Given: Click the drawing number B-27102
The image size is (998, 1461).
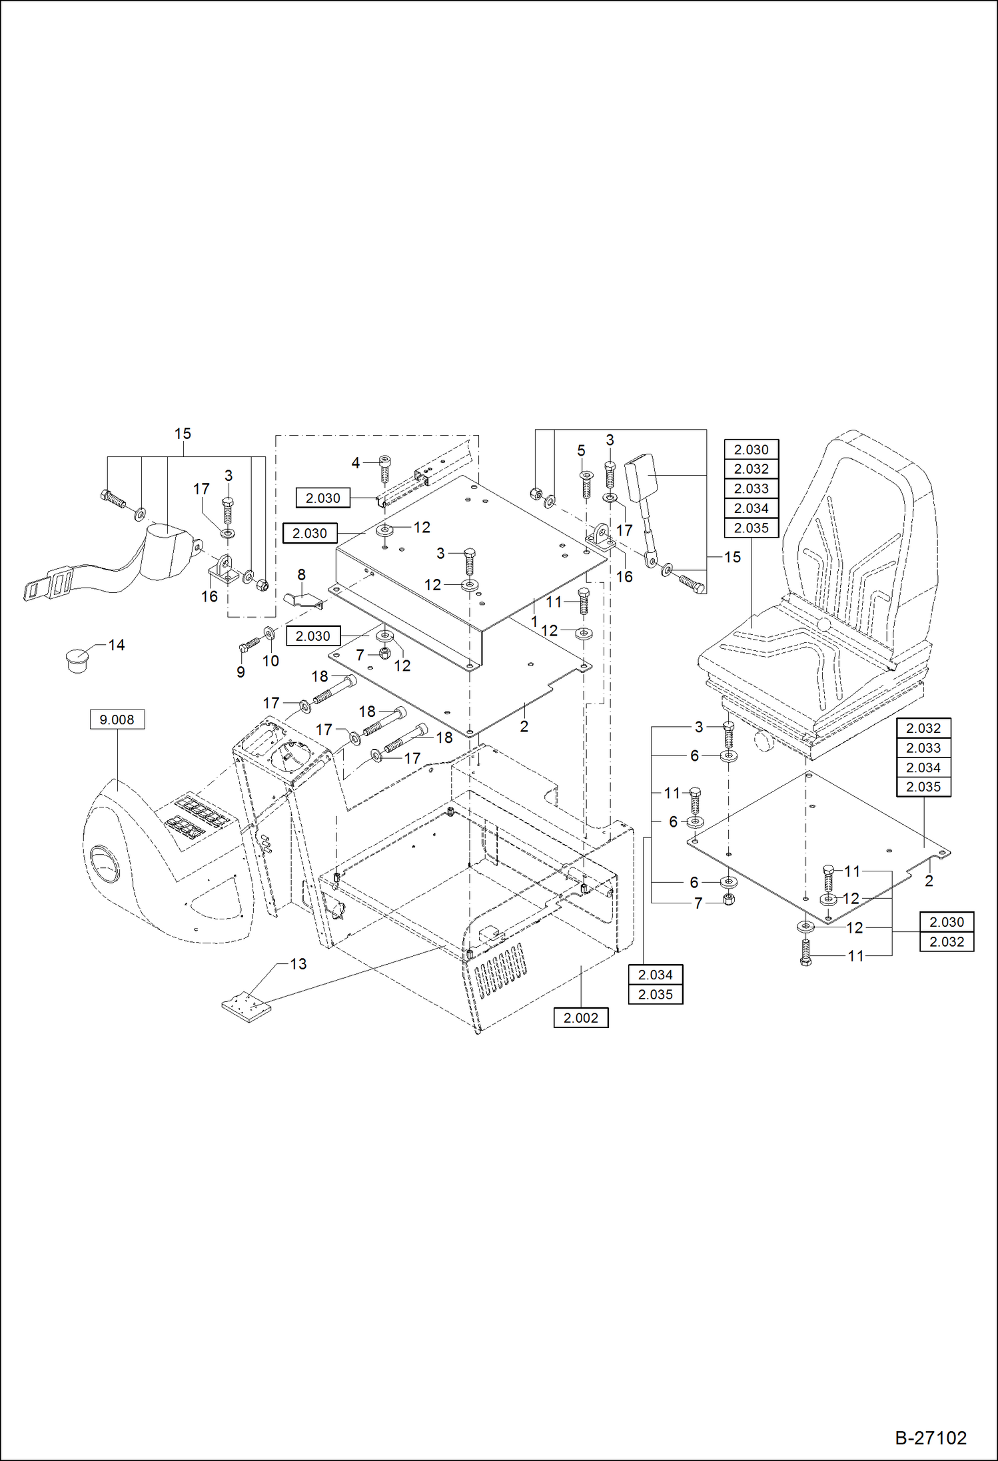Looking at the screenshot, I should point(930,1438).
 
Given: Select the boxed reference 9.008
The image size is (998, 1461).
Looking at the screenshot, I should point(117,720).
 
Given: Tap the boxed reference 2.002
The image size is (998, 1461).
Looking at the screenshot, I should point(580,1018).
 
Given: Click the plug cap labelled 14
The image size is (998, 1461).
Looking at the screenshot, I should point(79,659).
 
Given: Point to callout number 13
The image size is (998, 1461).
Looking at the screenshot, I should point(298,964).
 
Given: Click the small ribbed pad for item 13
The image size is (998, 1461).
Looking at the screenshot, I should point(247,1007).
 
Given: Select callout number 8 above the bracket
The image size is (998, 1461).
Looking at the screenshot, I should point(301,574).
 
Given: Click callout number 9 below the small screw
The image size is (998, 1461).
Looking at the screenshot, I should point(241,672).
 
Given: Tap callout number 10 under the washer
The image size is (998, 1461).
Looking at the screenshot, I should point(270,661).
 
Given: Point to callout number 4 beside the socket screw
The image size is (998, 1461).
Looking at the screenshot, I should point(355,462).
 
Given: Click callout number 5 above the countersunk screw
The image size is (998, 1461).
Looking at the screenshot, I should point(581,451).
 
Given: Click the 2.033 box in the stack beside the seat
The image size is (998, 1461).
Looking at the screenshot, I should point(751,488).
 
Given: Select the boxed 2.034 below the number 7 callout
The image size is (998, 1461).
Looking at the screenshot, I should point(656,975).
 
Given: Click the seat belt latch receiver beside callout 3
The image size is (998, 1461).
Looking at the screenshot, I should point(640,472).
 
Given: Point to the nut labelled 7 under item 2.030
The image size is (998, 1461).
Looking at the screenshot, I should point(384,654).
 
